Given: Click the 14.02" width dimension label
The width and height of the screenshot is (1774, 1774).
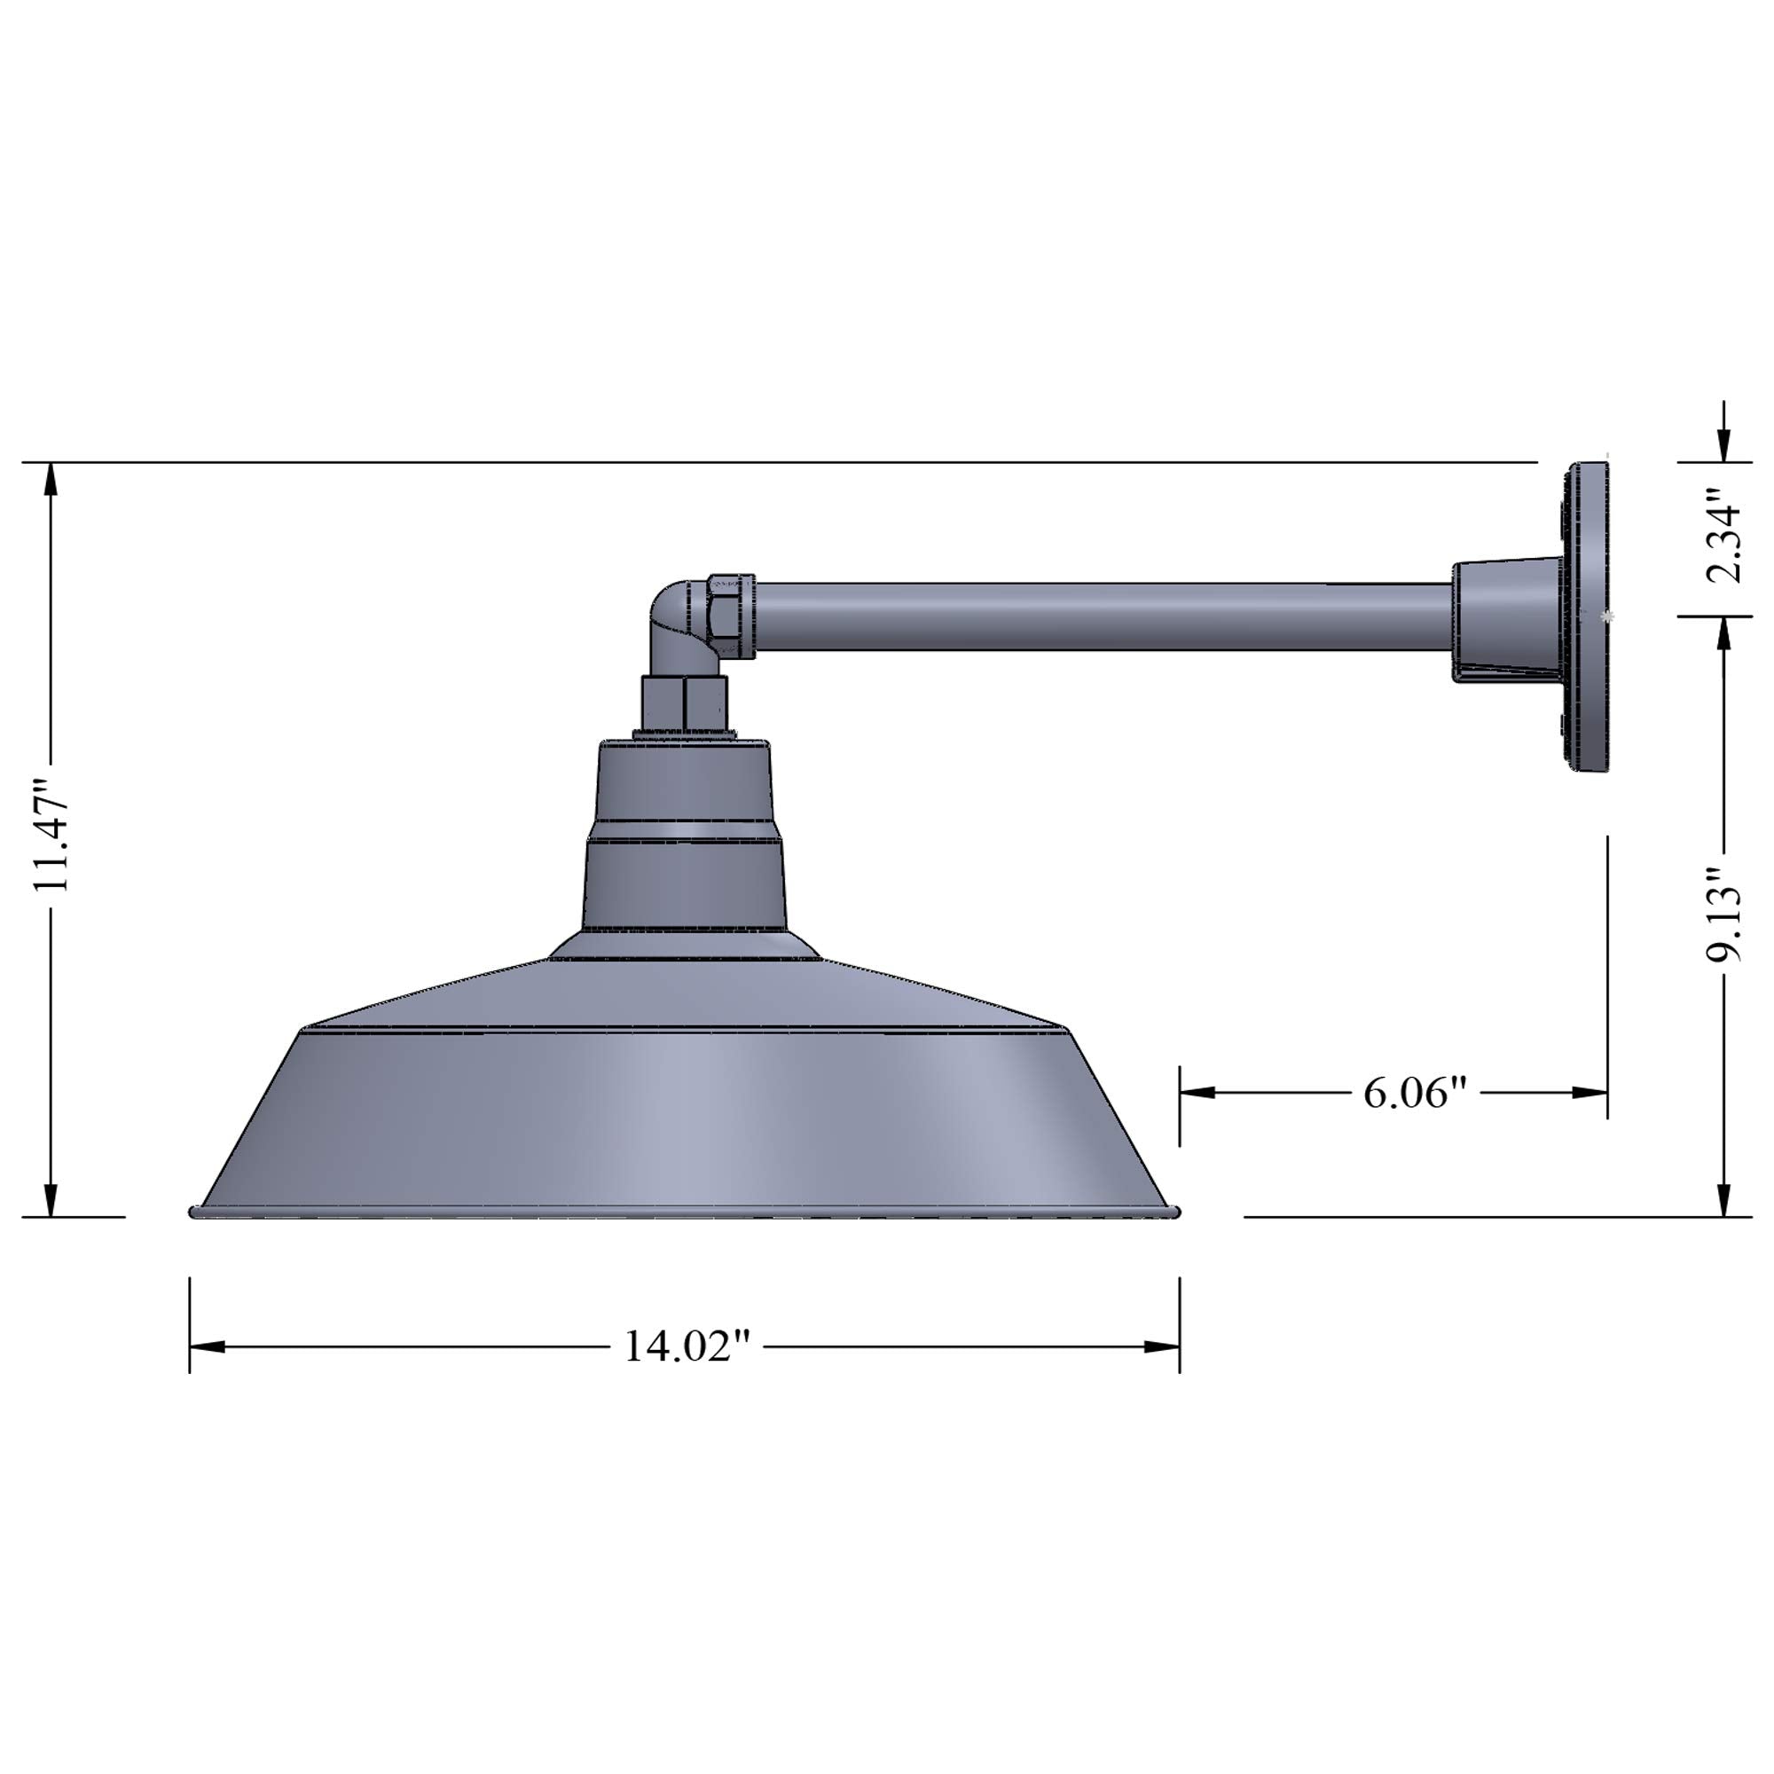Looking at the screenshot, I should [687, 1347].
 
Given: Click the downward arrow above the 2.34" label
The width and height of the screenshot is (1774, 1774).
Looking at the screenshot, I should [1723, 444].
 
